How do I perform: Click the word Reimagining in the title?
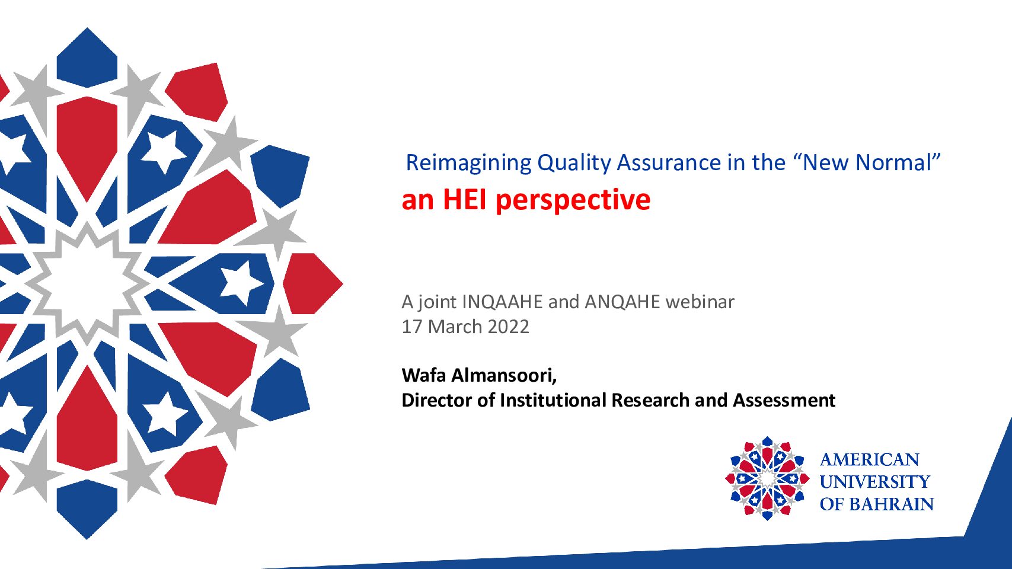click(x=468, y=163)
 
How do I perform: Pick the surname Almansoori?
click(x=504, y=375)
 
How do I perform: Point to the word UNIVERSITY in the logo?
click(x=875, y=482)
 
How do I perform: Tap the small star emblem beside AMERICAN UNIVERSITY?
click(x=767, y=478)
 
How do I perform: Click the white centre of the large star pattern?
click(x=87, y=283)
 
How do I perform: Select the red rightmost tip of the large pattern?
click(x=342, y=283)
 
